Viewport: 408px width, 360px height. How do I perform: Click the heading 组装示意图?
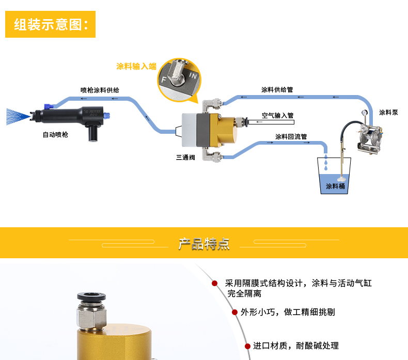[51, 25]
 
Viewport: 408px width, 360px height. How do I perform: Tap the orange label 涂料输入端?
[136, 66]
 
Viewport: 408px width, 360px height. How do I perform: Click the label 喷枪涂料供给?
[100, 90]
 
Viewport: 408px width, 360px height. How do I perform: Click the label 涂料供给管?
[277, 89]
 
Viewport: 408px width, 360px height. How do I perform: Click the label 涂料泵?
[388, 112]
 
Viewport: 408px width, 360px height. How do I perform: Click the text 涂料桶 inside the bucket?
[335, 186]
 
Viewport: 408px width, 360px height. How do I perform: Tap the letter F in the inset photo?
[164, 80]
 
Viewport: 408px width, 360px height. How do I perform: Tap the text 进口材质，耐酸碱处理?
[295, 346]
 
